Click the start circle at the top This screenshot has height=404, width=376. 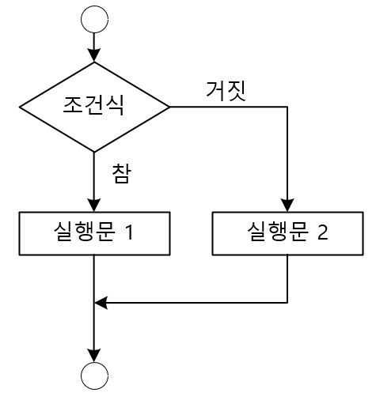click(94, 18)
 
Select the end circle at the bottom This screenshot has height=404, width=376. click(94, 376)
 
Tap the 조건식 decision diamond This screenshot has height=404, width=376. click(94, 106)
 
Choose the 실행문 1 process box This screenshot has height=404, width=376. click(94, 233)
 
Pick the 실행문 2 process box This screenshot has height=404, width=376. click(287, 233)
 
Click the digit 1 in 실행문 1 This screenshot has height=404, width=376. click(149, 233)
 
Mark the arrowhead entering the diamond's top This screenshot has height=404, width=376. click(94, 55)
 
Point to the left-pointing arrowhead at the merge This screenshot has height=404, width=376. click(101, 301)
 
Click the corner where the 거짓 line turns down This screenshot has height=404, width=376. click(287, 106)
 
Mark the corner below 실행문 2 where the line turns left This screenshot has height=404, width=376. click(287, 301)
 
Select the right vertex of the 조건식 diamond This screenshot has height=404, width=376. click(169, 106)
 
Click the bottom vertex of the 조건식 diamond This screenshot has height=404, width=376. click(94, 151)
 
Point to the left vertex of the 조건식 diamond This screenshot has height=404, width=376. click(19, 106)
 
